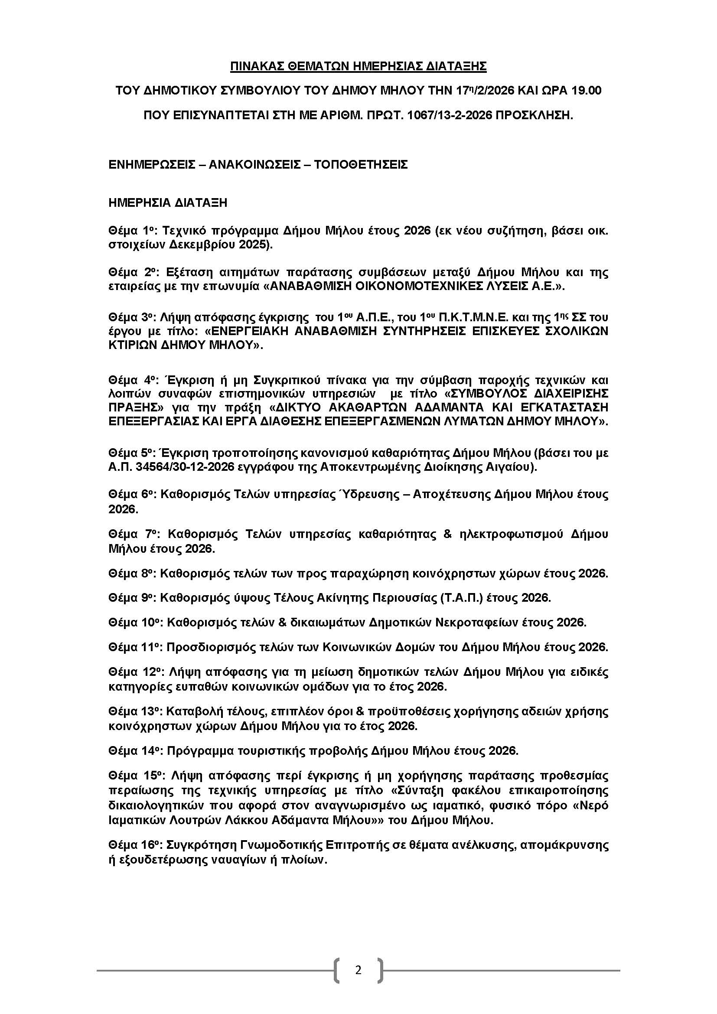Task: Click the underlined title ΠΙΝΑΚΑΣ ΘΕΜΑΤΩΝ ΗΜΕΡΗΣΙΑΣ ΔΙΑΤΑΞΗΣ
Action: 358,66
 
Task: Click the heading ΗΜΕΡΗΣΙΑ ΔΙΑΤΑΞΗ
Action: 168,203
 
